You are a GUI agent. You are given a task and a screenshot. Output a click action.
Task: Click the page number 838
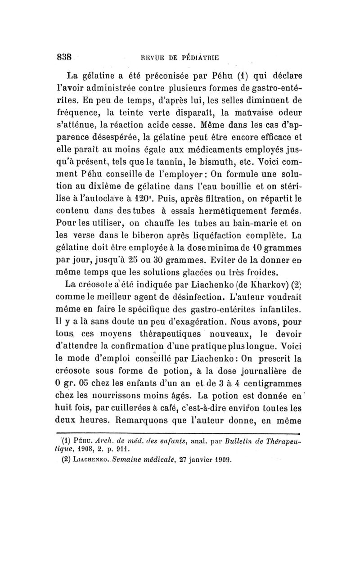coord(64,57)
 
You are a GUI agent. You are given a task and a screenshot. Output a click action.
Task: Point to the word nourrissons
coord(120,397)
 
